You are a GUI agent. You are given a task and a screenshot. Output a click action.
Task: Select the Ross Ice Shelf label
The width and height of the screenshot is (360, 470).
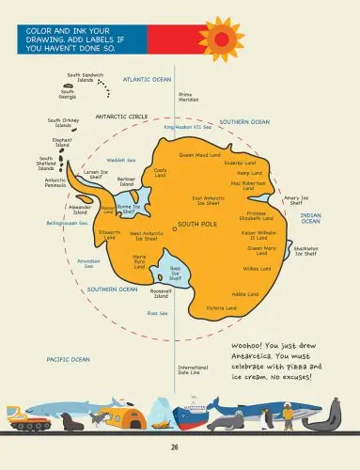(x=175, y=273)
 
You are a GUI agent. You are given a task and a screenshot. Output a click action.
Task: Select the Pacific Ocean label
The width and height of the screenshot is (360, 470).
(x=68, y=359)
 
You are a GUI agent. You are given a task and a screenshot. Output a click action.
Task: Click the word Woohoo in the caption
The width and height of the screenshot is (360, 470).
(x=253, y=346)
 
